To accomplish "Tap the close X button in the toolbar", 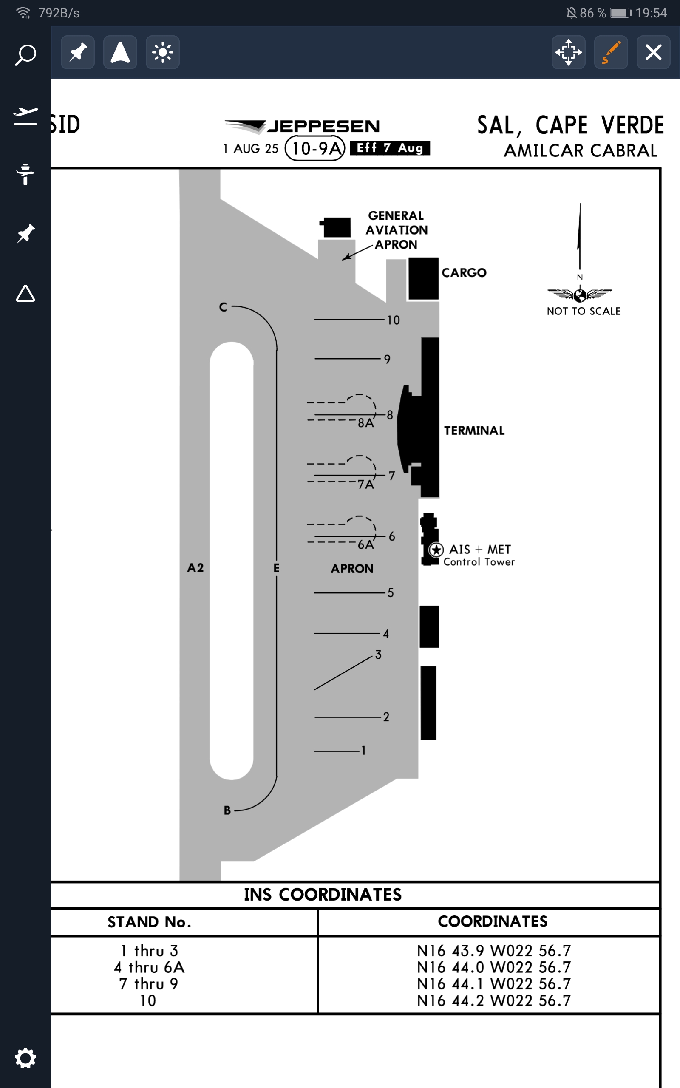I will click(x=653, y=53).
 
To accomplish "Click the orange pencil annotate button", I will click(x=611, y=53).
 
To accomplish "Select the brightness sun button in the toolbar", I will click(x=162, y=53).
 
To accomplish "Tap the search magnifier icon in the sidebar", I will click(x=25, y=55).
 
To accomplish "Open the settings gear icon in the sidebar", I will click(x=25, y=1058).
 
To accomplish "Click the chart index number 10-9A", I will click(x=315, y=148).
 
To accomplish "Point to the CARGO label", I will click(x=464, y=273).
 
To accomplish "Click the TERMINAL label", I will click(x=474, y=431).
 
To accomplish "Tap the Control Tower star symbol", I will click(x=436, y=550).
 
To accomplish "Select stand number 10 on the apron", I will click(x=393, y=320).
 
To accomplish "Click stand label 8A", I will click(x=365, y=423).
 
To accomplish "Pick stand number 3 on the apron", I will click(x=378, y=654).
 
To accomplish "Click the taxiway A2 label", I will click(x=195, y=568).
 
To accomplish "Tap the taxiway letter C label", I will click(x=223, y=307).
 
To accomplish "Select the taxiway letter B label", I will click(x=227, y=810).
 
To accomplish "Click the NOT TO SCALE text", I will click(x=583, y=311).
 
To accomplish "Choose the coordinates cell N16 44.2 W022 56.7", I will click(x=493, y=1001).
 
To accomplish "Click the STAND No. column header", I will click(x=149, y=922).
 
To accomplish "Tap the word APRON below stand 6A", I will click(x=352, y=569).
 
